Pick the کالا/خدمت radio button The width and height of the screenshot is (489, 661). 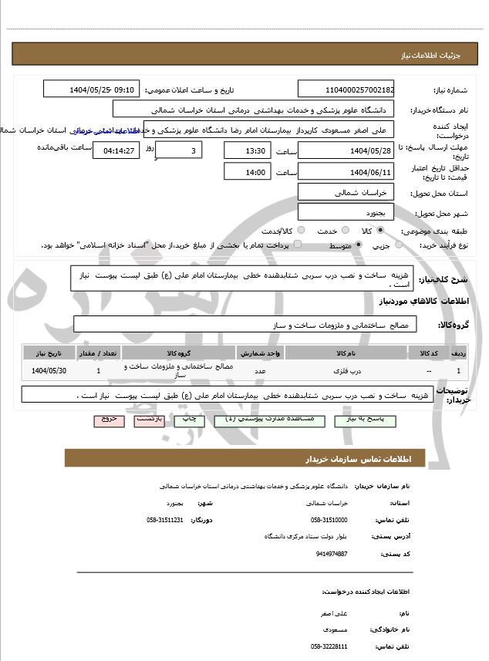pyautogui.click(x=301, y=231)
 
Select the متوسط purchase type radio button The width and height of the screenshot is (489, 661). pyautogui.click(x=359, y=245)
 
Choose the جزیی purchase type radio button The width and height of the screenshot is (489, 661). pyautogui.click(x=399, y=245)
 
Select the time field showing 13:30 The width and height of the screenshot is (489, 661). pyautogui.click(x=248, y=150)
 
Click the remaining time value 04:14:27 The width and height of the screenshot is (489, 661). pyautogui.click(x=116, y=150)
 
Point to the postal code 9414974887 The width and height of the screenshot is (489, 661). pyautogui.click(x=332, y=554)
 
